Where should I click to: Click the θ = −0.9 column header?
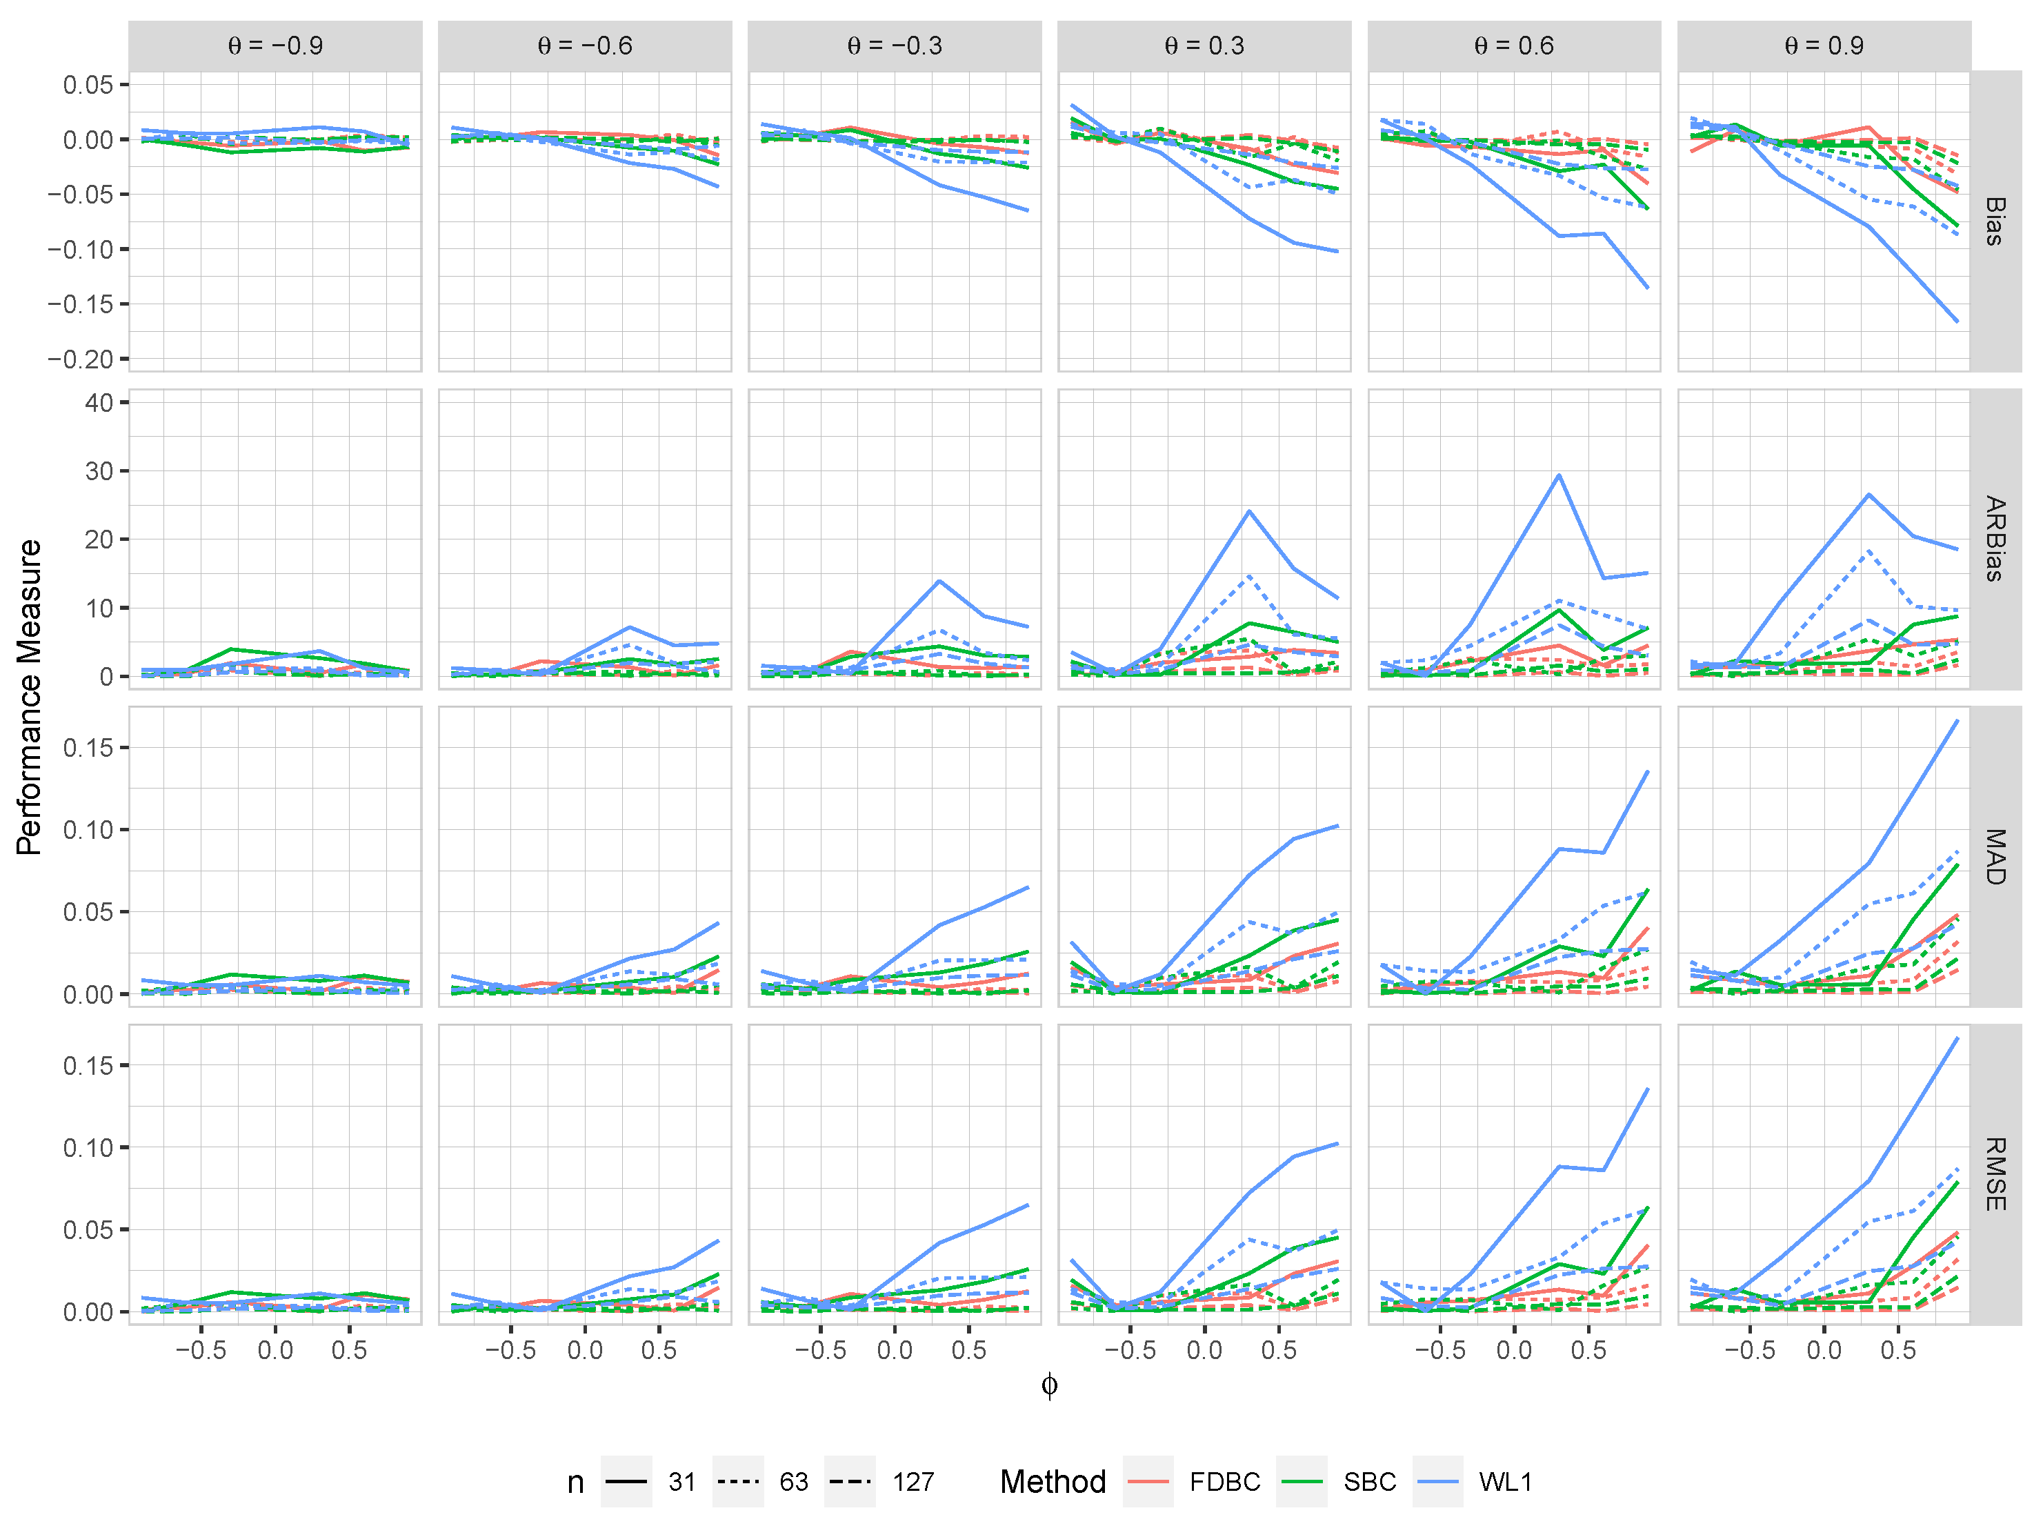(x=275, y=46)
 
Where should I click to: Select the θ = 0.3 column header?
(x=1204, y=46)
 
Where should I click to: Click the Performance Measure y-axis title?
(x=30, y=697)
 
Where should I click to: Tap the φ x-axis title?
(x=1049, y=1385)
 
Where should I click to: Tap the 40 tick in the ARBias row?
(x=99, y=403)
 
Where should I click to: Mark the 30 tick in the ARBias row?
(x=99, y=471)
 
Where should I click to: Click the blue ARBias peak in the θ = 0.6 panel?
(x=1559, y=476)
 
